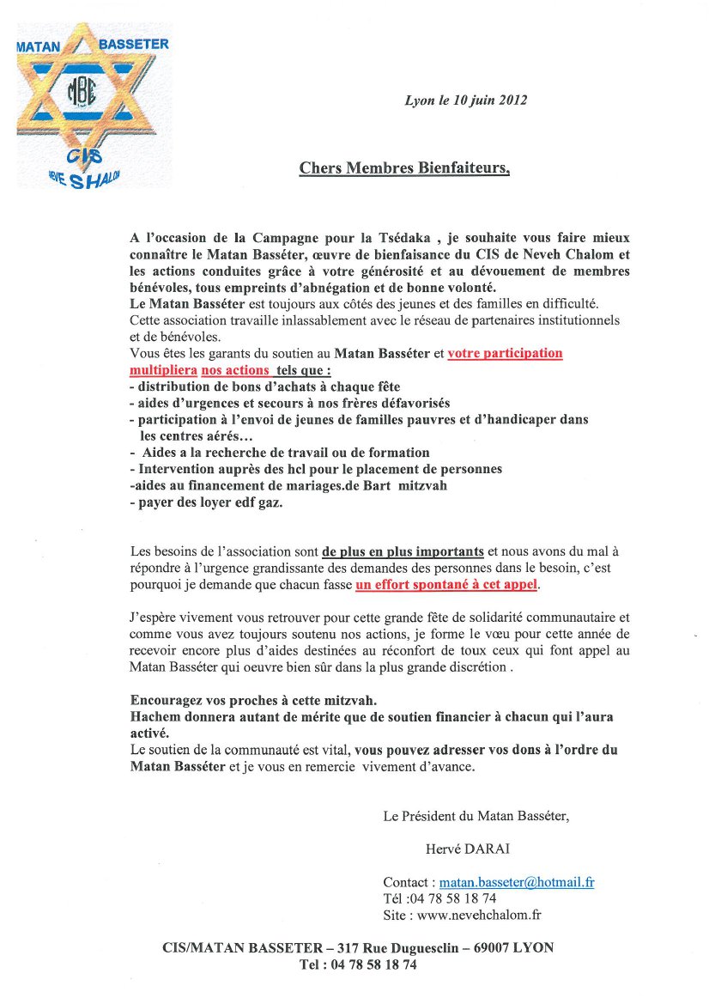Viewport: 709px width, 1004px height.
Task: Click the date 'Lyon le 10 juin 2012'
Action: [465, 100]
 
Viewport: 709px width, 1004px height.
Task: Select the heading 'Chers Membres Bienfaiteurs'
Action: [403, 168]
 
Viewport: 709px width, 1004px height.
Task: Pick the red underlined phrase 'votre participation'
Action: [505, 353]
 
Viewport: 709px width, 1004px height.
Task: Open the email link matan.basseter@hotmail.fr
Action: [518, 882]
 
